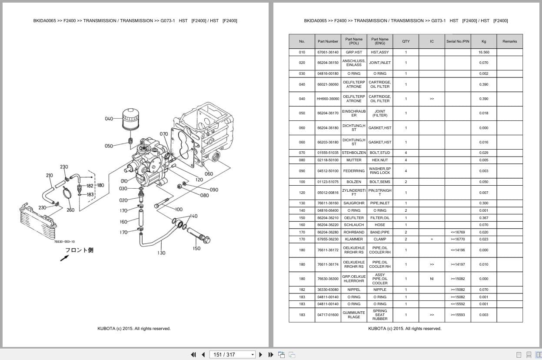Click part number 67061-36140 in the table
click(328, 52)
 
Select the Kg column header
click(484, 41)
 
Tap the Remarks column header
click(509, 41)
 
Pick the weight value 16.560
click(484, 52)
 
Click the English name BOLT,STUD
click(379, 153)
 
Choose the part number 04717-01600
click(328, 315)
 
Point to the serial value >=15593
click(457, 315)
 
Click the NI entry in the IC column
click(432, 279)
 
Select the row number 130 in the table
click(302, 203)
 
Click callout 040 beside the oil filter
click(109, 119)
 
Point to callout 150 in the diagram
click(196, 249)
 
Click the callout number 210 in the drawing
click(49, 176)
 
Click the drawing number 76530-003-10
click(64, 242)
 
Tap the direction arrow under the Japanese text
click(64, 258)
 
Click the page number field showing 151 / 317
click(233, 354)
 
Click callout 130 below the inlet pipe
click(161, 253)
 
